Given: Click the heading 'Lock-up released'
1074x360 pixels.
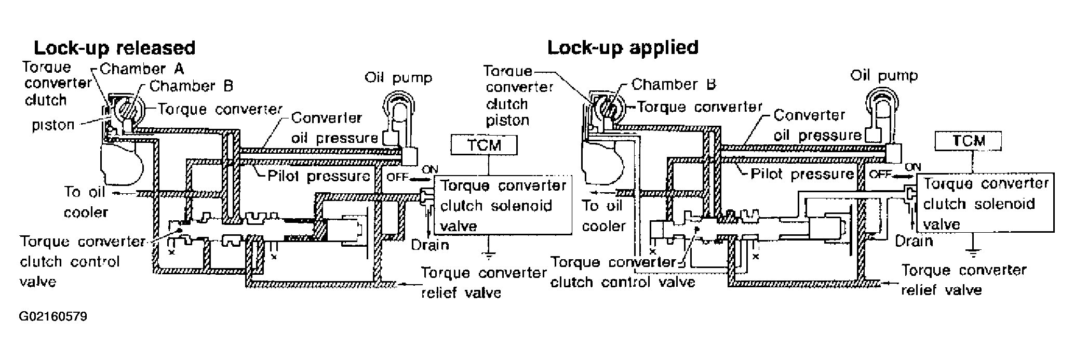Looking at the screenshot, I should (114, 48).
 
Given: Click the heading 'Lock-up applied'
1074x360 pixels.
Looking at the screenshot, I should (623, 47).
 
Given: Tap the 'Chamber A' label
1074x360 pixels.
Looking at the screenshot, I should (141, 69).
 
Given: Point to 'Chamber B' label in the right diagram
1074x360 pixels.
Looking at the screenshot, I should (674, 84).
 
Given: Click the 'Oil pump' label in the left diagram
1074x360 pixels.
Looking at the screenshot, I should (398, 78).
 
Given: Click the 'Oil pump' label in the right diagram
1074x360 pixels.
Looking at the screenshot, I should (884, 76).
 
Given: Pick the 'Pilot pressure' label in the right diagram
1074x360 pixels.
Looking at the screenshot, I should (802, 174).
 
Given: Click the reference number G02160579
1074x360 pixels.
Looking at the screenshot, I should (53, 316).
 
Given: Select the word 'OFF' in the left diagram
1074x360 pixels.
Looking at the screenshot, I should (398, 177).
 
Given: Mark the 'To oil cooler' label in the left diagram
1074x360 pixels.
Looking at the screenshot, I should (85, 202).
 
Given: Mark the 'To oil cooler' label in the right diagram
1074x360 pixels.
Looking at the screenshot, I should (603, 216).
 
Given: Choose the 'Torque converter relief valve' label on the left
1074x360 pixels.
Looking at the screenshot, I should (483, 283).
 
